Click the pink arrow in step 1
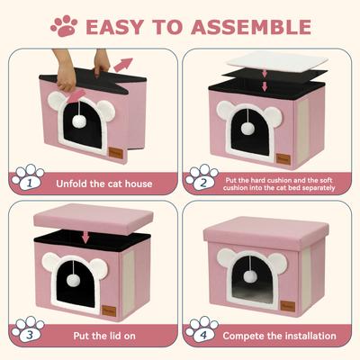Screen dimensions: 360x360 coord(123,66)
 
